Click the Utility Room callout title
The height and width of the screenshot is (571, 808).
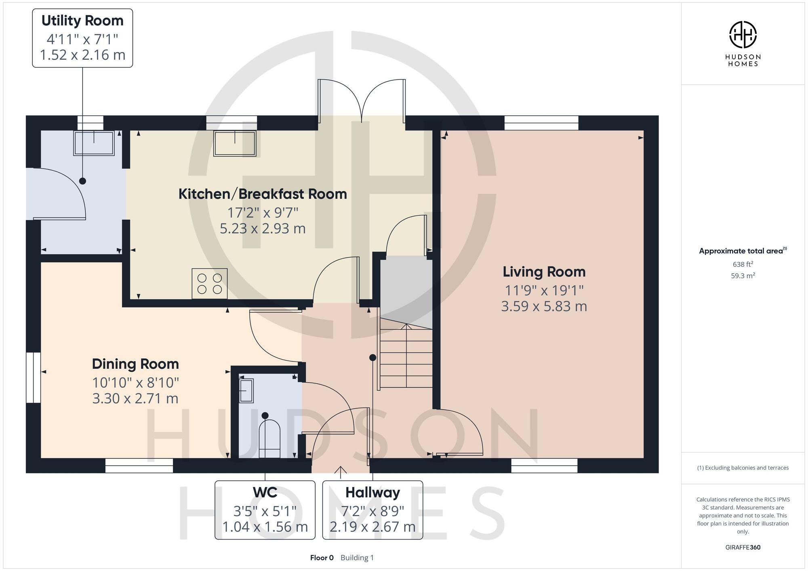82,21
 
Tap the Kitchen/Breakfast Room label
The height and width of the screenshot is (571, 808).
263,194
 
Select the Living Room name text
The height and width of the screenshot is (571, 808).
544,272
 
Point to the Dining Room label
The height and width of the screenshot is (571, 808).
135,364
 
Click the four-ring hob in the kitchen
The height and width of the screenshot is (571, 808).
209,284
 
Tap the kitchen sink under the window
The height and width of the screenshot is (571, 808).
235,143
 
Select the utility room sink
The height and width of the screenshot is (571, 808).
94,143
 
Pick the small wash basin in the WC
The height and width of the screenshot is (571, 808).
246,390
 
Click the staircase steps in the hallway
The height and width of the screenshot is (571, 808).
406,357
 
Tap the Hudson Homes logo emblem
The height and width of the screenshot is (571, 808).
743,35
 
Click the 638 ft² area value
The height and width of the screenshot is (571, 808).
743,264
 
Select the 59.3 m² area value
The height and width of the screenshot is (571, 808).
743,276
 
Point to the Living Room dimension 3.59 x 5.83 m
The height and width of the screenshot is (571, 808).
544,306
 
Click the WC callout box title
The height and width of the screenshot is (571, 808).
265,492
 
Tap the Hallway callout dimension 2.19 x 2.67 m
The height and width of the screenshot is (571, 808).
372,527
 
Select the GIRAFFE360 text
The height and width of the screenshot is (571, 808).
743,547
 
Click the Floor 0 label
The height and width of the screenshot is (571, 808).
322,558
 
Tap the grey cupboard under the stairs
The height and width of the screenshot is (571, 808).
406,287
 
